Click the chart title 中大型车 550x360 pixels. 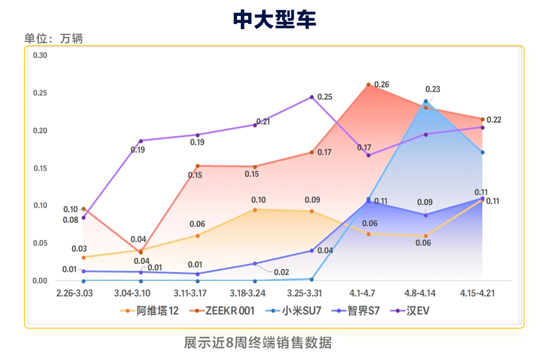tap(275, 20)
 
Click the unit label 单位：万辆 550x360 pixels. tap(54, 39)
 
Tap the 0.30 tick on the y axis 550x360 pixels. tap(40, 56)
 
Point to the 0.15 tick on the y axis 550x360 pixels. tap(40, 169)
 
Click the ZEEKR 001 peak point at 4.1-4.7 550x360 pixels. tap(369, 85)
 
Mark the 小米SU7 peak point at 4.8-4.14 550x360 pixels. tap(426, 101)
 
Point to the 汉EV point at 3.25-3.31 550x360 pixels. tap(312, 97)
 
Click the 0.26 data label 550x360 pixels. tap(381, 85)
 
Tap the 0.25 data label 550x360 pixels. tap(325, 97)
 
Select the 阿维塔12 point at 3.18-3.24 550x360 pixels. tap(255, 210)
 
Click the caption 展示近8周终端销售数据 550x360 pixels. tap(258, 343)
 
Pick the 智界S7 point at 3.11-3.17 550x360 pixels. tap(197, 274)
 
